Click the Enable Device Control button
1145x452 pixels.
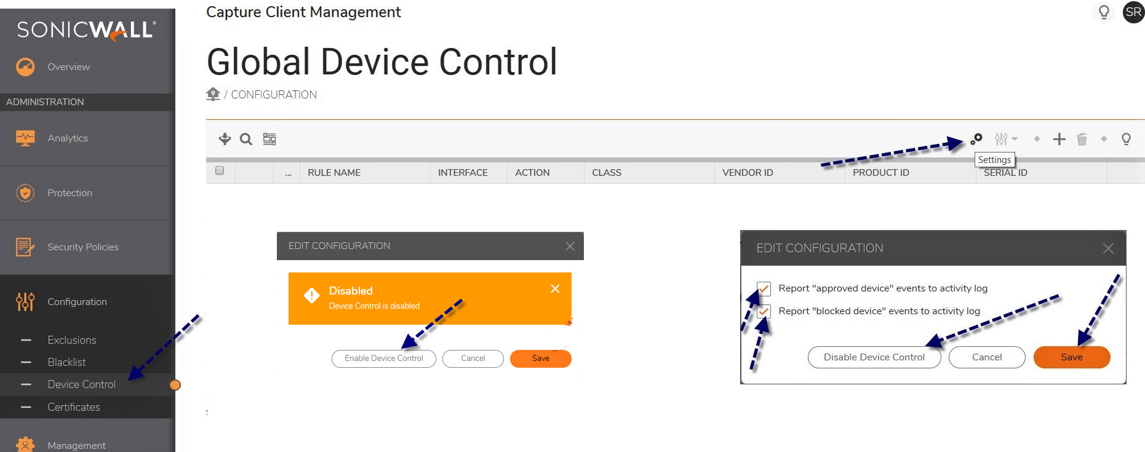click(384, 359)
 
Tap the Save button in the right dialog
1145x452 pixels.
click(1072, 357)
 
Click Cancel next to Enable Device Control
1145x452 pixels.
click(473, 359)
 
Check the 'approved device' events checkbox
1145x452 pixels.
click(764, 288)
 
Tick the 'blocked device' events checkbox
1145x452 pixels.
click(764, 311)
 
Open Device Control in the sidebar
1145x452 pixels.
click(81, 384)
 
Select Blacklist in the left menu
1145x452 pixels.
click(66, 362)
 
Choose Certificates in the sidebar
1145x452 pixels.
click(74, 407)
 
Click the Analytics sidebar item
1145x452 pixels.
click(68, 138)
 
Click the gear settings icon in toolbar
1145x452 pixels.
click(976, 139)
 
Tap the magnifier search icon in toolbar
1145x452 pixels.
click(246, 139)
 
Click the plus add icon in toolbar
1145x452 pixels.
click(1059, 139)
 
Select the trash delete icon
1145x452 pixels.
click(1082, 140)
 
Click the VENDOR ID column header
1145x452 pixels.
click(748, 173)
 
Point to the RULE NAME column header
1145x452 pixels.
click(334, 173)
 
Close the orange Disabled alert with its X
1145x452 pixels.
click(555, 288)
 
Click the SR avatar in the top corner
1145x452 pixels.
click(1133, 12)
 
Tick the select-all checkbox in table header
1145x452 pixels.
click(220, 170)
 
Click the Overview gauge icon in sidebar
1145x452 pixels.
click(25, 66)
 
